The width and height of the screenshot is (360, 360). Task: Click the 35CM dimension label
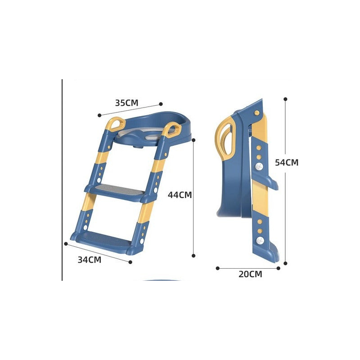(126, 103)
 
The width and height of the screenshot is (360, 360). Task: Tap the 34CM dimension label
(89, 259)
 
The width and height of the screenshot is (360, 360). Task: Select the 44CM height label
(180, 195)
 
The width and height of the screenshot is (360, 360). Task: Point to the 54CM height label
(287, 162)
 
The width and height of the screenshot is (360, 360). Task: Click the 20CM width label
(250, 274)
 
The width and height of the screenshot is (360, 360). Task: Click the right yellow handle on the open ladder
(170, 130)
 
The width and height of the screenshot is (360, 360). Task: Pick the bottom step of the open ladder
(103, 238)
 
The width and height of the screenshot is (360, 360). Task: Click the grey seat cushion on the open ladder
(137, 134)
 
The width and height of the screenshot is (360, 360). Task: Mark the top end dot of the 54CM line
(285, 99)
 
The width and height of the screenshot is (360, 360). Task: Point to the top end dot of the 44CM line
(193, 140)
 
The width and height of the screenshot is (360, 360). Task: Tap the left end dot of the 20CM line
(217, 268)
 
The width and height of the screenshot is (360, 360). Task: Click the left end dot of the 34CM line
(66, 244)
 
